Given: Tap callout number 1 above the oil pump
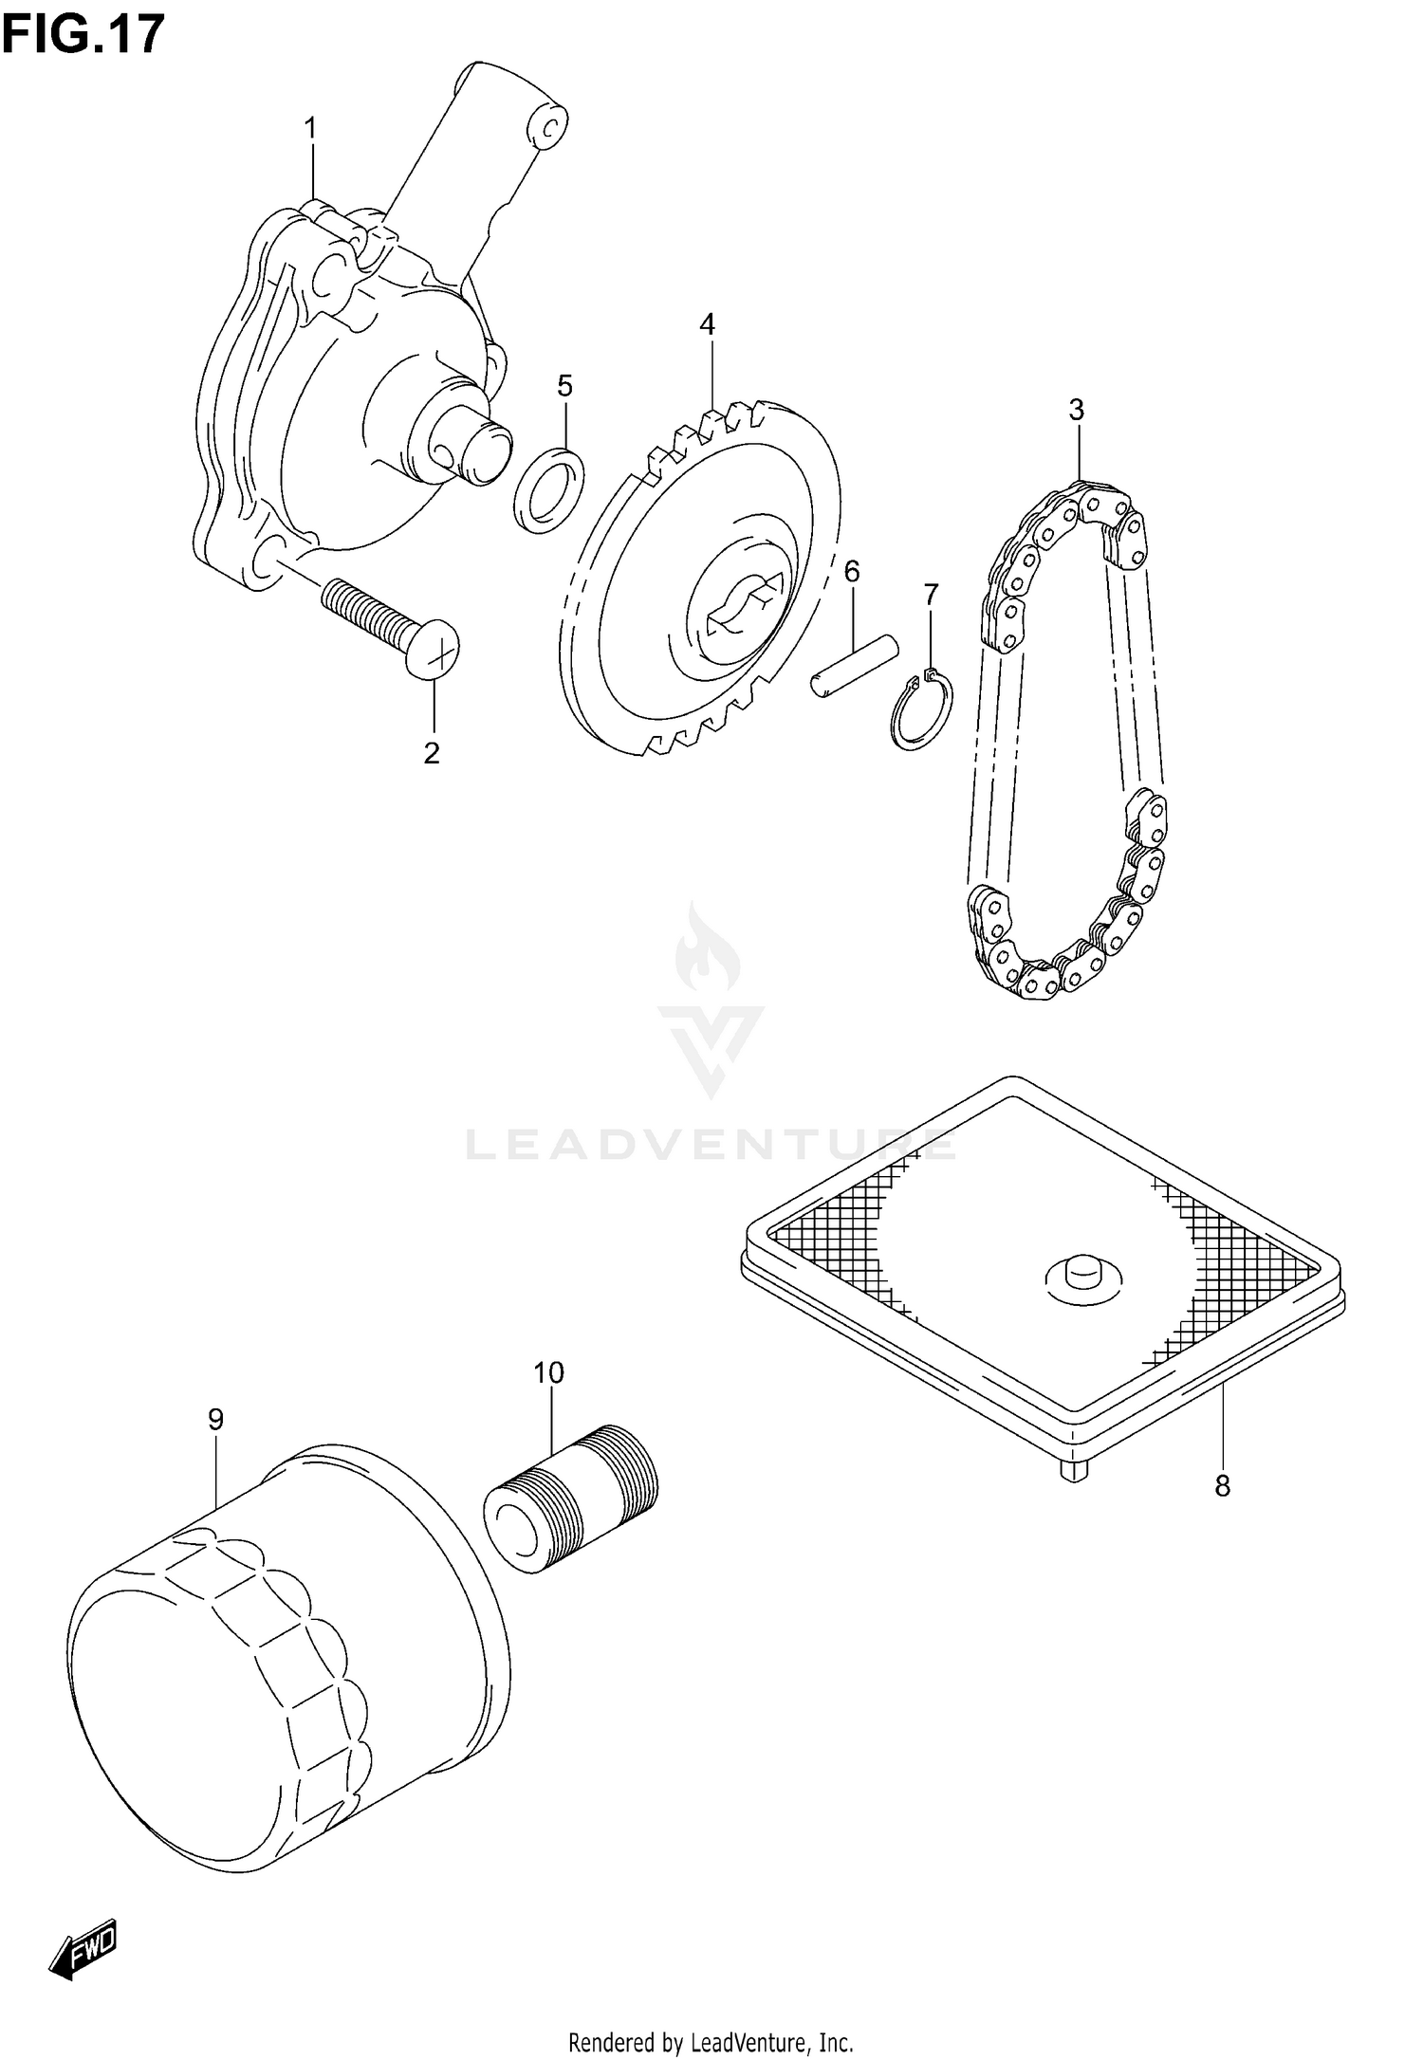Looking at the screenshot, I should pyautogui.click(x=309, y=130).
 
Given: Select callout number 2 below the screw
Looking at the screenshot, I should pyautogui.click(x=432, y=754).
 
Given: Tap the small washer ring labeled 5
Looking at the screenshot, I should pyautogui.click(x=549, y=487).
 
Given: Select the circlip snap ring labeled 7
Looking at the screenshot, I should pyautogui.click(x=921, y=711).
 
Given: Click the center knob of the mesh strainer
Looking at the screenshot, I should pyautogui.click(x=1082, y=1273).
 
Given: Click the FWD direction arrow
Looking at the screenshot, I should pyautogui.click(x=83, y=1950).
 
